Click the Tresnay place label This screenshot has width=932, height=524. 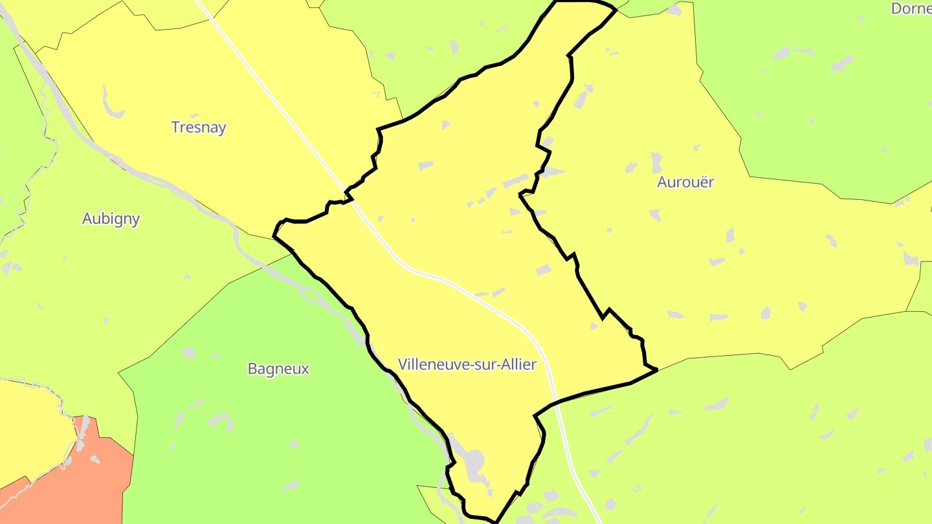point(199,127)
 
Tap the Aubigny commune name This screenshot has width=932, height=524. point(111,219)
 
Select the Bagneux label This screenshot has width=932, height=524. point(278,369)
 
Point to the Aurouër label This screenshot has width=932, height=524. point(685,182)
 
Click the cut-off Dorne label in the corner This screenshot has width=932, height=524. point(911,8)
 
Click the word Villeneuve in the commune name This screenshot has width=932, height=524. point(432,364)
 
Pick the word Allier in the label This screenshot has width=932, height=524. point(518,364)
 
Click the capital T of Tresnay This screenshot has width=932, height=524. point(175,127)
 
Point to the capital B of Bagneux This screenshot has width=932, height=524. point(252,369)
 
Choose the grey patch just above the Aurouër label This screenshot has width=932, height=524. point(656,161)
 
